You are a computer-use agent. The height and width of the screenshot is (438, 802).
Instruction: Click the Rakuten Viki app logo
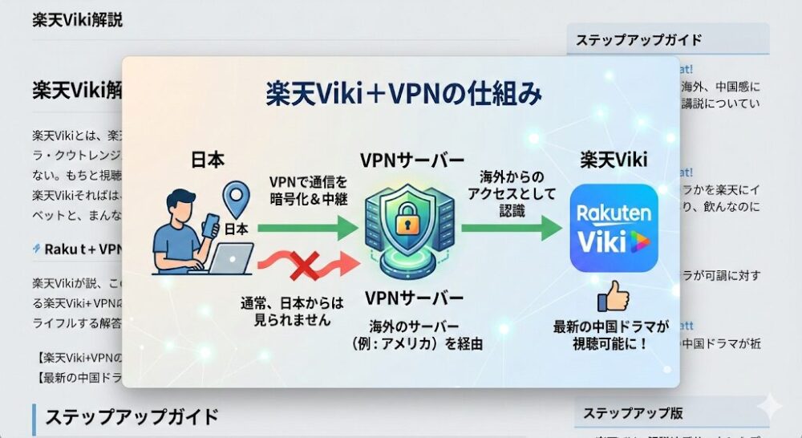tap(614, 229)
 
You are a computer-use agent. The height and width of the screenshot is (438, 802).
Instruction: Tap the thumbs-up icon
tap(613, 298)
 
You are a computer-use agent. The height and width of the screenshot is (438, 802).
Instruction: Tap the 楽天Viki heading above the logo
tap(614, 160)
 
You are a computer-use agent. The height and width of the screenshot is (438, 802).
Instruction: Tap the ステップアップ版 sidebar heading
tap(633, 413)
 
